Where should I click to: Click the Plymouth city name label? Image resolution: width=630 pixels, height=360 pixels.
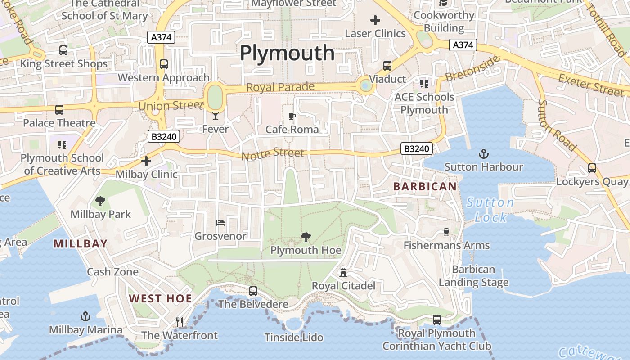[287, 53]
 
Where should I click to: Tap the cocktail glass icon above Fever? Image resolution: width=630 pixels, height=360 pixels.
[216, 116]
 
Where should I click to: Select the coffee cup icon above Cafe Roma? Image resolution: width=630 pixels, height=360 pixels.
[292, 117]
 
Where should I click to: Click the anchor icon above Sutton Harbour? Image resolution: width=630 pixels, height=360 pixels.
[483, 154]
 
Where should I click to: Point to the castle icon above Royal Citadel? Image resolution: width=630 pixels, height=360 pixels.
[343, 272]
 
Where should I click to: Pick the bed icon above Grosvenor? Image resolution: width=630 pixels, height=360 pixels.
[220, 222]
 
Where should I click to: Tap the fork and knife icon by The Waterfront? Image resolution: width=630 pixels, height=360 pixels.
[180, 322]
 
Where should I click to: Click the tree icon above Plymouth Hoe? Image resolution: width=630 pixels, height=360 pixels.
[306, 237]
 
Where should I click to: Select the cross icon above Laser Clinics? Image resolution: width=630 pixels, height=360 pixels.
[375, 20]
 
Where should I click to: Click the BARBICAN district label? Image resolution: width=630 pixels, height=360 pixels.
[425, 186]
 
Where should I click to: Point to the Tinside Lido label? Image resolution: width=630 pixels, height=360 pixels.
[294, 337]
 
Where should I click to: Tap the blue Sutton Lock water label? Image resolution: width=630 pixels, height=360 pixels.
[490, 210]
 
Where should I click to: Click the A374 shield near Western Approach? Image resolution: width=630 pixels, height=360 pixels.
[161, 37]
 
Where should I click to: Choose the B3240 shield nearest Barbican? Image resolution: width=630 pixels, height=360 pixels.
[417, 148]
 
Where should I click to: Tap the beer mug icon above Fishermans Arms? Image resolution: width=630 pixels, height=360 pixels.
[446, 232]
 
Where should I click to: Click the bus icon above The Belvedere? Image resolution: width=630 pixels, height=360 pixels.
[253, 291]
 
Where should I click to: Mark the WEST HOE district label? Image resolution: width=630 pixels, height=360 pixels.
[161, 298]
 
